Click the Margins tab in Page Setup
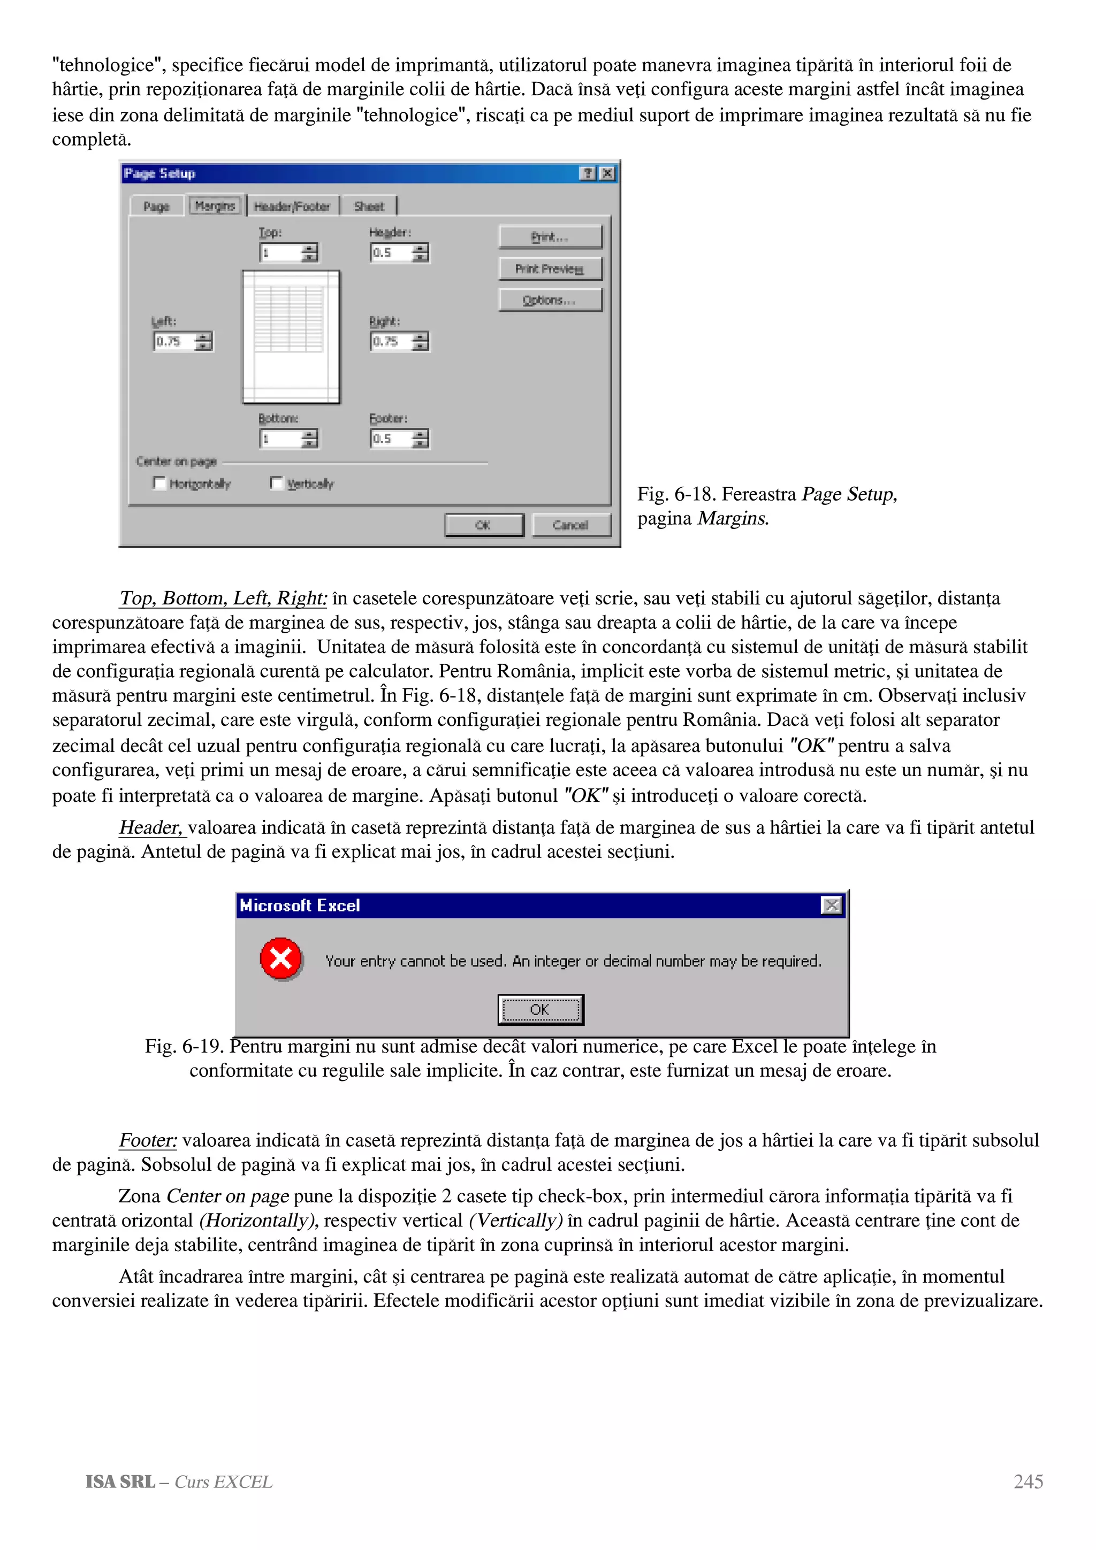click(215, 206)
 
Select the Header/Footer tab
click(292, 206)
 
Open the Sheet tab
click(369, 206)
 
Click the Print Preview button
click(550, 268)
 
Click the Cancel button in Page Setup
click(570, 525)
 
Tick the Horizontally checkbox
click(159, 482)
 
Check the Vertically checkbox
click(276, 482)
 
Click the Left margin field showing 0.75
click(174, 342)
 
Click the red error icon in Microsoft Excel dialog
click(281, 958)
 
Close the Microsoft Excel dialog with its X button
click(831, 906)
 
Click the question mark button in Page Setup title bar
click(588, 173)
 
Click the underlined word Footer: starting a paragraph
click(148, 1140)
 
